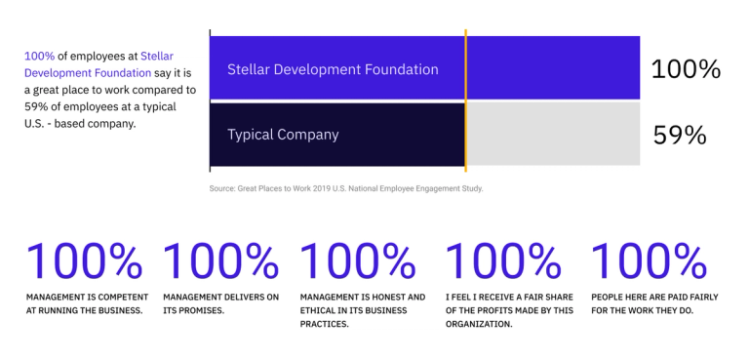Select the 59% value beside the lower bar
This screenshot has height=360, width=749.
tap(679, 135)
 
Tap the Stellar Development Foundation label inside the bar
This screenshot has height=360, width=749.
tap(333, 69)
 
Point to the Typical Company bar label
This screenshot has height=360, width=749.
tap(283, 134)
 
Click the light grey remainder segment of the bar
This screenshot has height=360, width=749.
tap(553, 134)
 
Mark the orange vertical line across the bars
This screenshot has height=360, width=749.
tap(466, 98)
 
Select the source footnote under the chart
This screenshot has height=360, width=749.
tap(345, 187)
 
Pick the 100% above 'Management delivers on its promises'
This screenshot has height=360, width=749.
tap(220, 261)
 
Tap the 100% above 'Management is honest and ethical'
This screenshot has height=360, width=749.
tap(358, 261)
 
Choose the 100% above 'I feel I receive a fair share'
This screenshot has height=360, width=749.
tap(503, 261)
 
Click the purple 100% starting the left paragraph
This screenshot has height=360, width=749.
tap(38, 57)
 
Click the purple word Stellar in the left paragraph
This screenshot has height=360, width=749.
tap(157, 57)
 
